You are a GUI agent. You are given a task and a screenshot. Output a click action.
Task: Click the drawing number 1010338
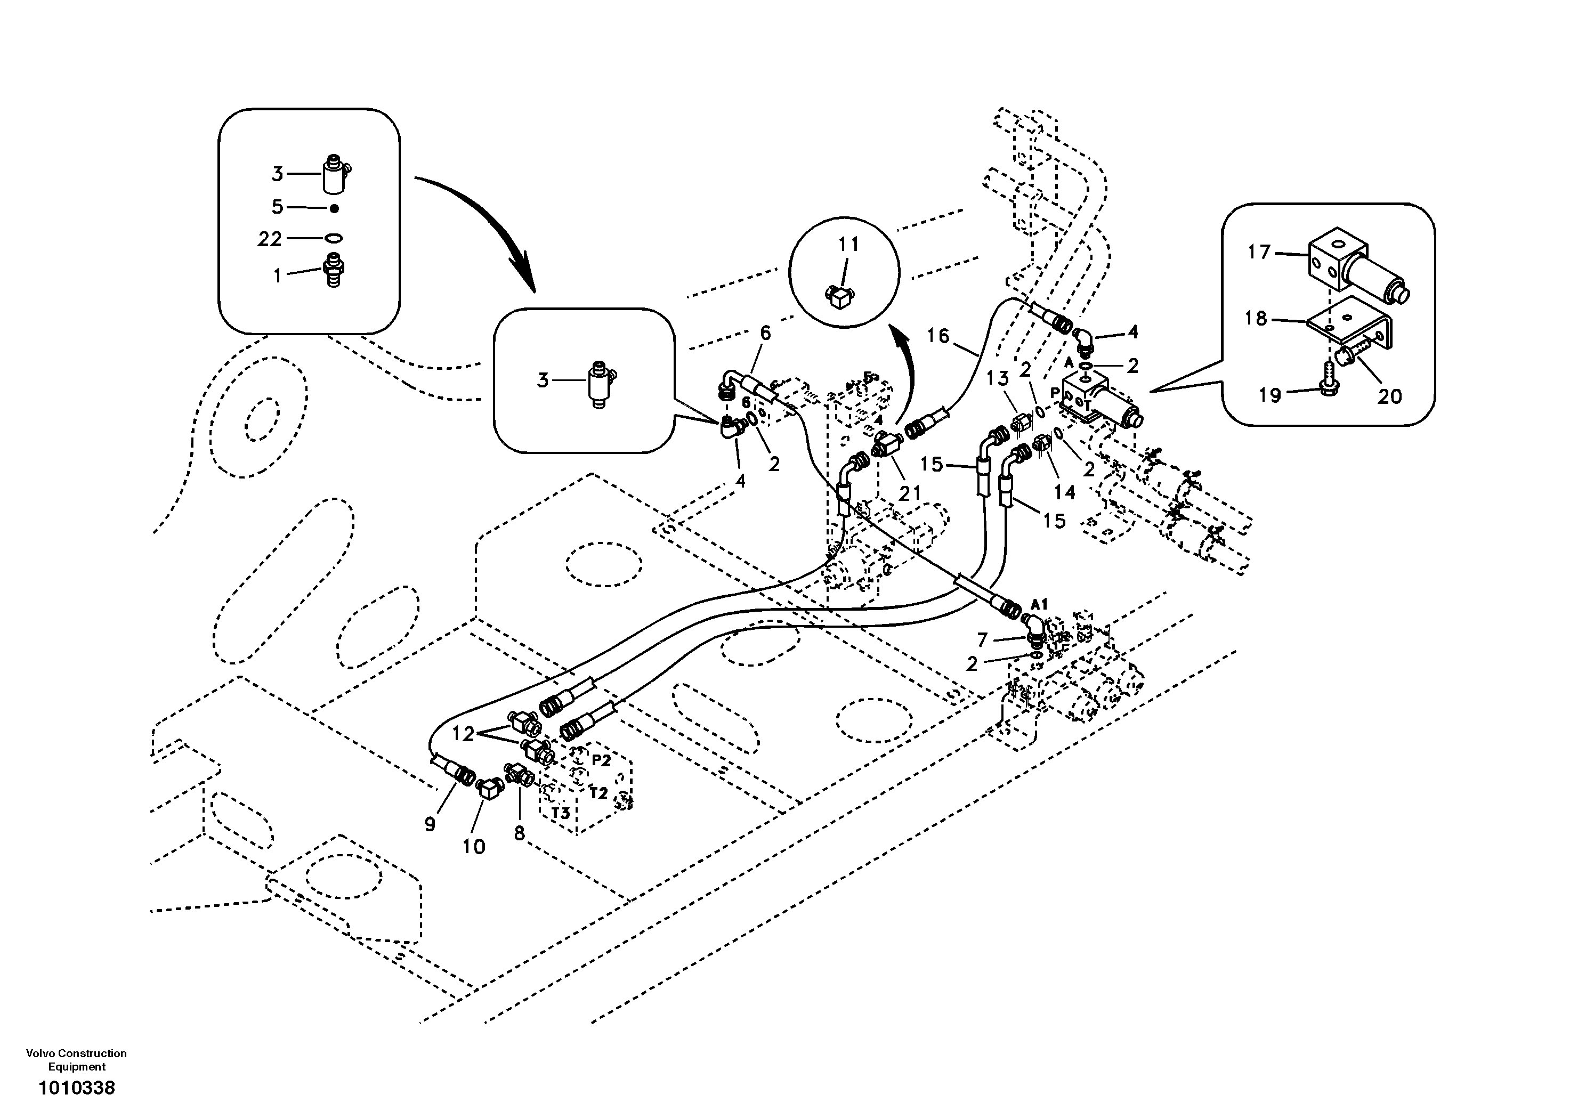[x=77, y=1089]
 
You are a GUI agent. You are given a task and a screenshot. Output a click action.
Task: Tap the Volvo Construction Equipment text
[x=77, y=1060]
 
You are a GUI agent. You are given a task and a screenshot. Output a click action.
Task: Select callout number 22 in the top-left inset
[x=270, y=239]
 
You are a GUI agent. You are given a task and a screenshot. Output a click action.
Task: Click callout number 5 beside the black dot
[x=278, y=207]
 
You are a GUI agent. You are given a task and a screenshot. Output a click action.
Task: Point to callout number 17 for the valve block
[x=1259, y=252]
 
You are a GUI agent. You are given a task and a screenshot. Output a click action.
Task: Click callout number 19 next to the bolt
[x=1269, y=395]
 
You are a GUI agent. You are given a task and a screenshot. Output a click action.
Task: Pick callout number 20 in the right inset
[x=1390, y=396]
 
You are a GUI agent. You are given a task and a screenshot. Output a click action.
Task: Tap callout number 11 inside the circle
[x=848, y=244]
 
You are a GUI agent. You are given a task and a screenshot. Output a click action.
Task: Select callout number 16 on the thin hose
[x=938, y=336]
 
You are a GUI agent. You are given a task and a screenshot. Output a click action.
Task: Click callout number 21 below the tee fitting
[x=909, y=493]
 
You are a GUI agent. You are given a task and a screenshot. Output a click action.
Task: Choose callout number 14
[x=1064, y=492]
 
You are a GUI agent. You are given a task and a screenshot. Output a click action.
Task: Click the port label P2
[x=601, y=760]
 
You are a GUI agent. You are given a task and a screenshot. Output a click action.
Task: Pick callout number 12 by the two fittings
[x=464, y=734]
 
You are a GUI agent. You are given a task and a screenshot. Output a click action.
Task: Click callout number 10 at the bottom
[x=474, y=846]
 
